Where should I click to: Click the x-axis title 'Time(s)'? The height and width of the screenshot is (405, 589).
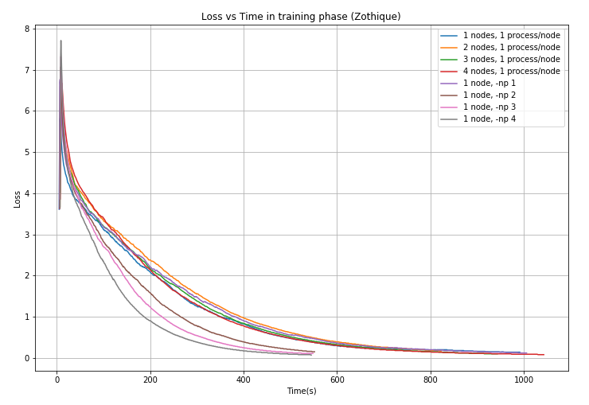click(x=302, y=391)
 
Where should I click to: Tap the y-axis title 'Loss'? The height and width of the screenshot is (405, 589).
click(x=18, y=199)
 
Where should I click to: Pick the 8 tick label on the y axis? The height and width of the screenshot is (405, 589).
click(x=27, y=29)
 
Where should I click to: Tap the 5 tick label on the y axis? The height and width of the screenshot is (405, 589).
click(x=27, y=153)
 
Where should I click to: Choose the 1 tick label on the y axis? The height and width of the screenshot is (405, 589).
click(x=27, y=317)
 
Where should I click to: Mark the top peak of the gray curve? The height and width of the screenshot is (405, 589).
click(x=60, y=41)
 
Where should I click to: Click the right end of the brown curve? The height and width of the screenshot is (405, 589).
click(x=314, y=352)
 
